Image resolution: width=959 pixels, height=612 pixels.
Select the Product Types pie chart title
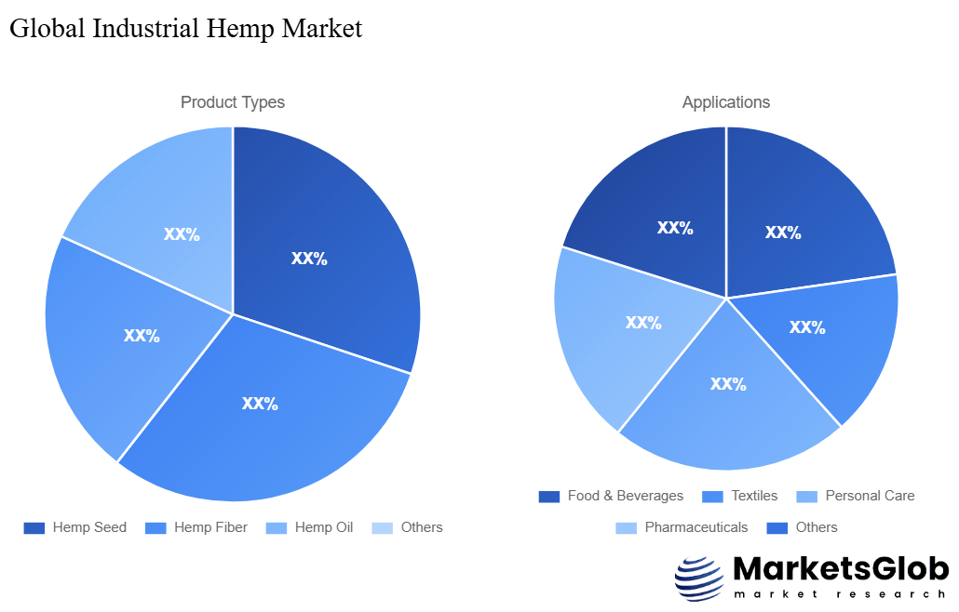tap(233, 102)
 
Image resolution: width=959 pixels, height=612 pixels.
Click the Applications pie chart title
tap(726, 102)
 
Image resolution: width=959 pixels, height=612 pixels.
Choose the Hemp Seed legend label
tap(89, 527)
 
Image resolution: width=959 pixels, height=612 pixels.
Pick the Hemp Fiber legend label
tap(210, 527)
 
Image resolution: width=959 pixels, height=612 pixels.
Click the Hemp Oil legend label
tap(324, 527)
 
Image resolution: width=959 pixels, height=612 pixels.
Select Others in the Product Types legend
tap(422, 527)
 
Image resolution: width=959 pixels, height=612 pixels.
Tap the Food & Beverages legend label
tap(625, 496)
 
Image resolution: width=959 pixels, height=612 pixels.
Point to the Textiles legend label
tap(754, 496)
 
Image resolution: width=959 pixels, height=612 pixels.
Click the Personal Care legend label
tap(870, 496)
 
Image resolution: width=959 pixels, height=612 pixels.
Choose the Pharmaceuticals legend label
tap(696, 527)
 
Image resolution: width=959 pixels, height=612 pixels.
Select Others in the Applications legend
tap(817, 527)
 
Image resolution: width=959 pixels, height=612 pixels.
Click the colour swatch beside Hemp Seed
tap(34, 527)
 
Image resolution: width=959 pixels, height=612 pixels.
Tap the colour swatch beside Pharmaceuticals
tap(627, 527)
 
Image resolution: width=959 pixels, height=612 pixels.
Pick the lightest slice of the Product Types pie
tap(168, 214)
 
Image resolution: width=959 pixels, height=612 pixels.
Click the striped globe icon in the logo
tap(698, 579)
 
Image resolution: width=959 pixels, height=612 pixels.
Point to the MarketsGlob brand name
tap(841, 569)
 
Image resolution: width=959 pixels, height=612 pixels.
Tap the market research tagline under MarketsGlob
tap(841, 594)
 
